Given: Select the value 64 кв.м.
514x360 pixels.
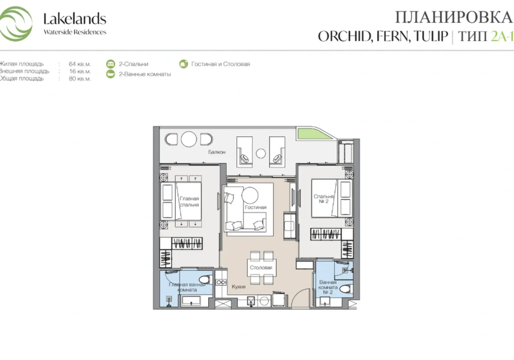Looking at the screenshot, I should point(80,64).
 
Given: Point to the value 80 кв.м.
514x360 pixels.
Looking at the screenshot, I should point(80,78).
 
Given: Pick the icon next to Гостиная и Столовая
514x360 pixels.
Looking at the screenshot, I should point(183,64).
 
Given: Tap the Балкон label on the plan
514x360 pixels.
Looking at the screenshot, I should point(217,152).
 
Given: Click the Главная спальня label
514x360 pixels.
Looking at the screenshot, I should point(189,201).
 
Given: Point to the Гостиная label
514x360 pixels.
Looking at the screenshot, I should point(256,207).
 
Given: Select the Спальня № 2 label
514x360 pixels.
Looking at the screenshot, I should point(321,199).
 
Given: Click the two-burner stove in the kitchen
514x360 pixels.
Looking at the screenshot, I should point(222,282).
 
